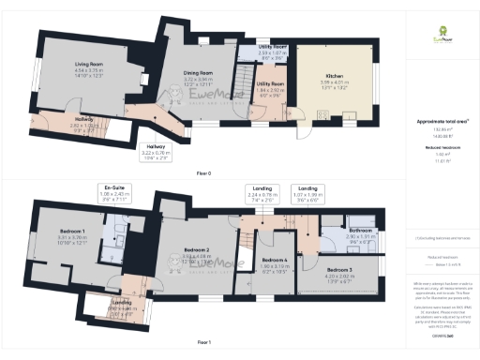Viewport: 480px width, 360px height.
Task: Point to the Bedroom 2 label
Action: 195,250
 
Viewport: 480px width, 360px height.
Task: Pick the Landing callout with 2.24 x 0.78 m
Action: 263,194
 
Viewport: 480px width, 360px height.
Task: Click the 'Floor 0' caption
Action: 203,172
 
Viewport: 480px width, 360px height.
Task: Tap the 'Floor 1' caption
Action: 203,341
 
